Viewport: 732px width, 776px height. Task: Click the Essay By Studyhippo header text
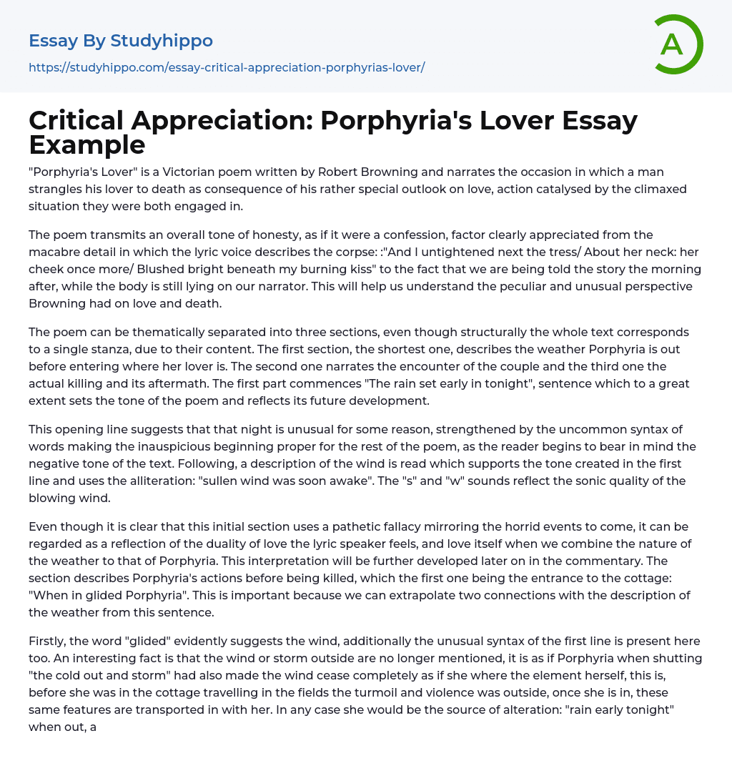[121, 41]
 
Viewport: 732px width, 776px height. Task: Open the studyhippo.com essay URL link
[227, 67]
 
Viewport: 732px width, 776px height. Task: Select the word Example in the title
[87, 145]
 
